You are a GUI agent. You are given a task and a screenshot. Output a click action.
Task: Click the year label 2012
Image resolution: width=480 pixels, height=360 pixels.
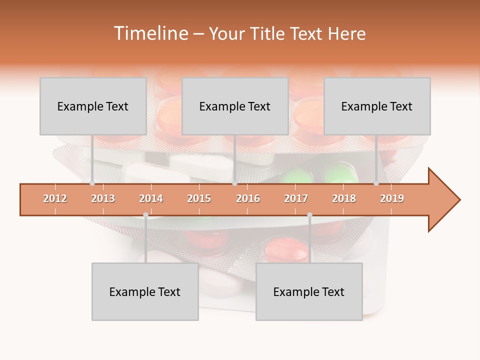pos(55,198)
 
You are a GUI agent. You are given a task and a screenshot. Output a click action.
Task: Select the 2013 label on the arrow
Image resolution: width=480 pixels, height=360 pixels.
pos(103,198)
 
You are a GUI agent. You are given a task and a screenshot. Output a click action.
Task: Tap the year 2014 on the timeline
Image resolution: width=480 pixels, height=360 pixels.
pos(151,198)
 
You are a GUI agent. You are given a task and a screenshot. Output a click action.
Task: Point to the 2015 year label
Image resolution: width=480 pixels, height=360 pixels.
pos(199,198)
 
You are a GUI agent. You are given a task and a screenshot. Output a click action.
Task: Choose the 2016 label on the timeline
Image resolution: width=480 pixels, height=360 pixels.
pos(248,198)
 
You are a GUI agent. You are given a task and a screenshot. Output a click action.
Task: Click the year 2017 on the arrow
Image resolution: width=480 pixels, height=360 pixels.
pos(296,198)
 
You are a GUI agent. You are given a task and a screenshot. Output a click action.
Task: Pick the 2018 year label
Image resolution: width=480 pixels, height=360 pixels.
pos(344,198)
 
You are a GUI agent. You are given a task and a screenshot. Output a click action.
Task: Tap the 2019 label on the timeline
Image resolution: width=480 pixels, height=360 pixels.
pos(392,198)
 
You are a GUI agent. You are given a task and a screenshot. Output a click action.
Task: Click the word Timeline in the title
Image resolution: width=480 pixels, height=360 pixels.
pos(150,33)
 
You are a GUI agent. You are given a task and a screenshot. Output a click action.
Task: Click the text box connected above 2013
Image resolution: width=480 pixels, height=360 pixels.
pos(93,106)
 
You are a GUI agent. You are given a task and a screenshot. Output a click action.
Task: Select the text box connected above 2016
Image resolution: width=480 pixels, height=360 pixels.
pos(235,106)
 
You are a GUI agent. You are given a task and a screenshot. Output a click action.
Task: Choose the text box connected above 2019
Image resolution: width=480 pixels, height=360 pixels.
pos(377,106)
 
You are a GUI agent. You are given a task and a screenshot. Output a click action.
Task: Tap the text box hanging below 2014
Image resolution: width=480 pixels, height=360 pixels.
pos(145,291)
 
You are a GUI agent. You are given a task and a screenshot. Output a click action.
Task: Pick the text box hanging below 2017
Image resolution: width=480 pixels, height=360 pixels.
pos(309,291)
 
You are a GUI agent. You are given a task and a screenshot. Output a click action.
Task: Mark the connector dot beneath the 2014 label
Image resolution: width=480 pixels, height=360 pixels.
pos(145,215)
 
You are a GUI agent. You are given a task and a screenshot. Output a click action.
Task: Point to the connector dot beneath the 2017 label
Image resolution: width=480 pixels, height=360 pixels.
pos(309,215)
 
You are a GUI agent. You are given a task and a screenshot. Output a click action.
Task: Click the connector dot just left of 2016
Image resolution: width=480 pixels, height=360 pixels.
pos(234,183)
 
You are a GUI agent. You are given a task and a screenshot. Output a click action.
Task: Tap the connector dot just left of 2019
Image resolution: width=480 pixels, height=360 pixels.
pos(376,183)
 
